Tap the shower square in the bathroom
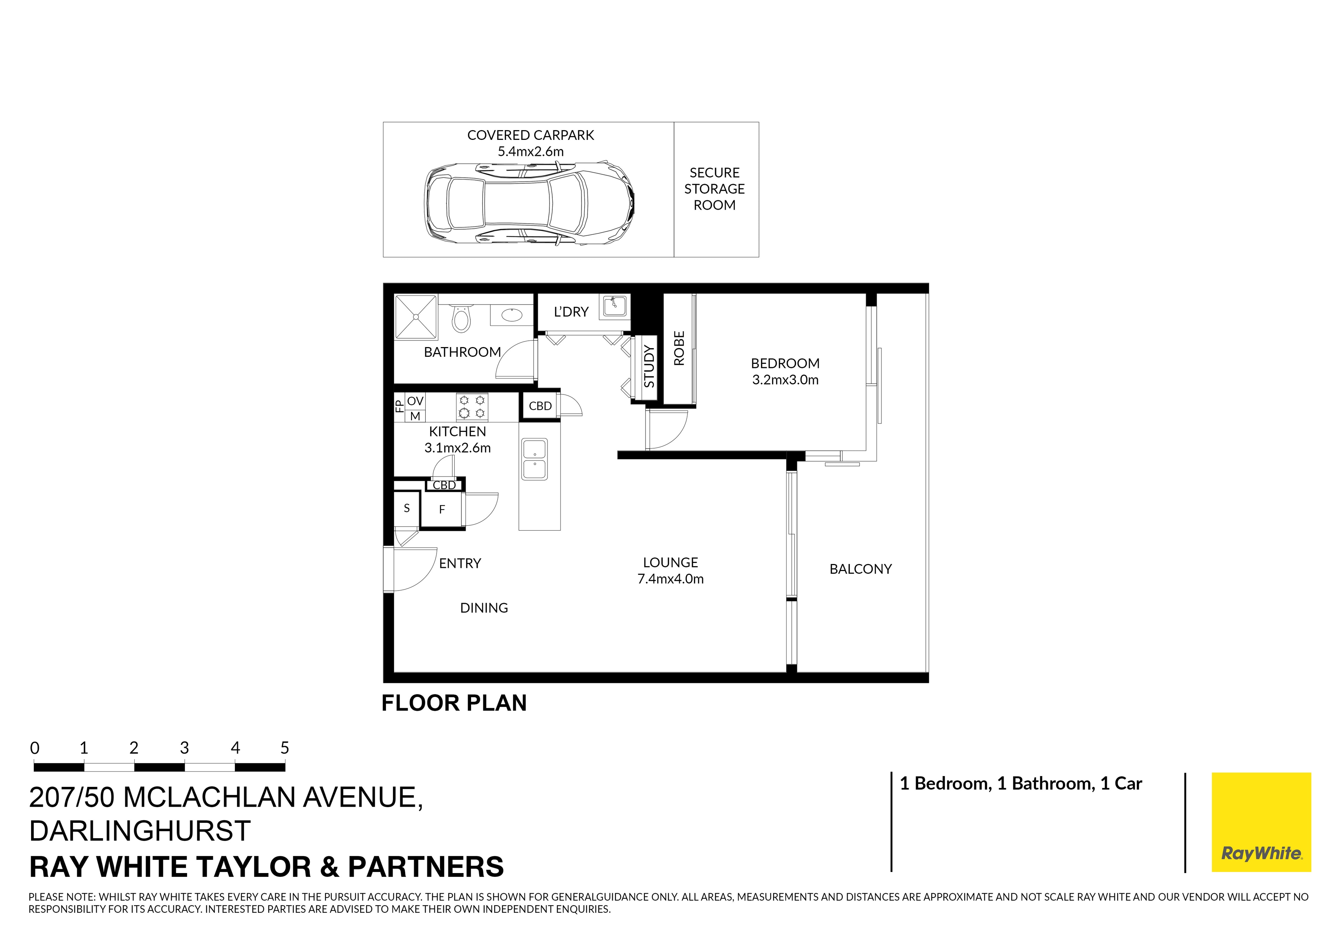(416, 316)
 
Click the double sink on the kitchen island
(534, 459)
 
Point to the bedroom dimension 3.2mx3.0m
(785, 380)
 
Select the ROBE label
(679, 348)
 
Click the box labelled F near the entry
(442, 509)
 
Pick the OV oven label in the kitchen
(415, 401)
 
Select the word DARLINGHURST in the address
(140, 831)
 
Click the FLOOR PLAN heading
(454, 703)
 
